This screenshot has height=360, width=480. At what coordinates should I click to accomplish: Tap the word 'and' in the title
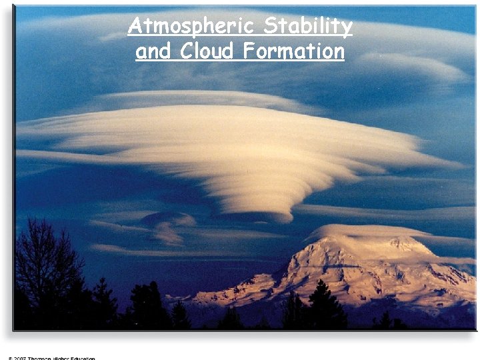coord(153,51)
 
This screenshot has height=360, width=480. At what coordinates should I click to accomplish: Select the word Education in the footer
coord(83,358)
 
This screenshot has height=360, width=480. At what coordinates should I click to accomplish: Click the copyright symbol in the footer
coord(11,358)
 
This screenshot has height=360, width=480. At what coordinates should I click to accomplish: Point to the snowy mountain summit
coord(400,243)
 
